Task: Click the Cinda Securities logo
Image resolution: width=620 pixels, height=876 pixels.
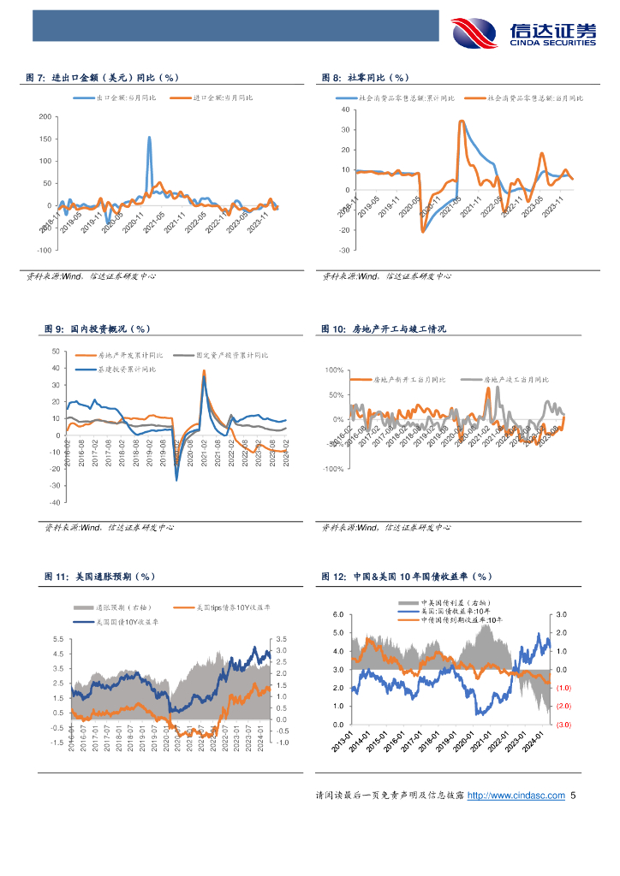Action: click(x=523, y=33)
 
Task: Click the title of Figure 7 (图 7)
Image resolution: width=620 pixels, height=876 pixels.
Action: click(x=103, y=78)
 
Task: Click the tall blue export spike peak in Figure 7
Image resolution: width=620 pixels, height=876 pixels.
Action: click(x=150, y=137)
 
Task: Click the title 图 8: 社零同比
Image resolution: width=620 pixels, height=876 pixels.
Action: click(x=366, y=78)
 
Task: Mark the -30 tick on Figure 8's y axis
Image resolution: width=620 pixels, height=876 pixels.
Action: click(x=344, y=251)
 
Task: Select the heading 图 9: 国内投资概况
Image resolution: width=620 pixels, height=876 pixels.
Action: click(x=97, y=328)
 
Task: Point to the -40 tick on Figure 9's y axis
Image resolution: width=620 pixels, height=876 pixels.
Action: click(x=55, y=503)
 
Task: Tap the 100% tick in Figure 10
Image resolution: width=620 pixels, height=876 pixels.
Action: click(x=332, y=370)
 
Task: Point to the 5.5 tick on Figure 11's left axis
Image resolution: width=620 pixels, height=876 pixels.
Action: click(x=57, y=639)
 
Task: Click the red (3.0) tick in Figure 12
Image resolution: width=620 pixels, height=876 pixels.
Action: click(x=563, y=725)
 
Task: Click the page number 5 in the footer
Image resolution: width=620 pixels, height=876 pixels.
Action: click(x=573, y=796)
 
